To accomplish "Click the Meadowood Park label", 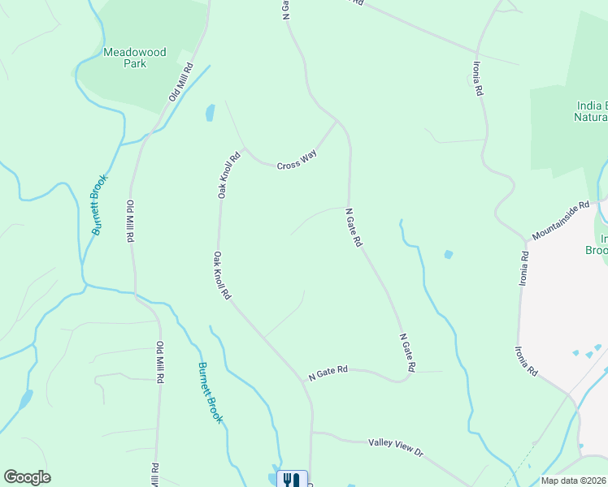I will coord(135,58).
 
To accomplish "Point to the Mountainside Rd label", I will coord(560,222).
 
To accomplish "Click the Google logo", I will coord(27,477).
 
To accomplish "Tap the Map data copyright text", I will coord(574,481).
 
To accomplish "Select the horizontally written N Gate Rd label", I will coord(328,373).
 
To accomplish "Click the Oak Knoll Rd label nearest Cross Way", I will coord(228,175).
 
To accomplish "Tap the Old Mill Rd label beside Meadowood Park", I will coord(180,81).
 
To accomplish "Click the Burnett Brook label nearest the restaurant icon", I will coord(210,393).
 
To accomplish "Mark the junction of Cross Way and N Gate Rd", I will coord(337,121).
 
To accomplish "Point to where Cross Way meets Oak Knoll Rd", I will coord(244,149).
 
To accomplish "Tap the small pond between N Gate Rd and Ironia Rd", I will coord(448,254).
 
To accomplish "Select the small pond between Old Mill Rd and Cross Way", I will coord(210,112).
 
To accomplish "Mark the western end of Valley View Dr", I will coord(312,433).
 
